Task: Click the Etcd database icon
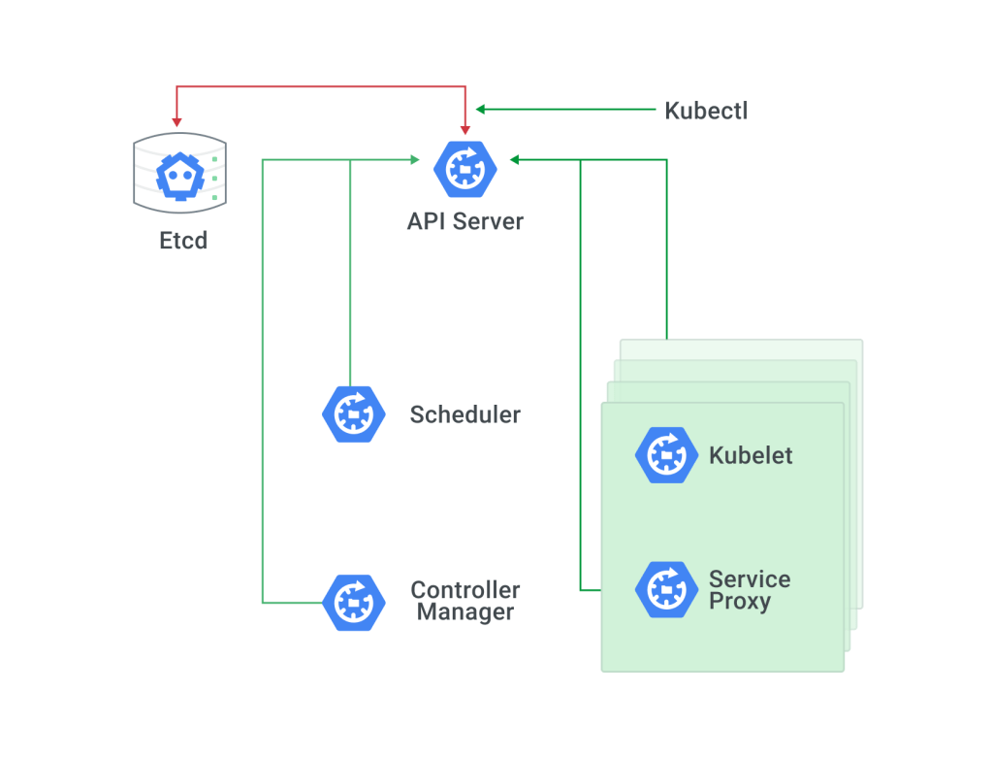pos(179,172)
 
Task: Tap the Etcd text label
pos(183,240)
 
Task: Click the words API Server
pos(465,221)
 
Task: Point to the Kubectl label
pos(706,111)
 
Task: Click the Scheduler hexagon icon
pos(354,414)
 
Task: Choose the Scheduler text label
pos(465,415)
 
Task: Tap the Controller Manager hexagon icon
pos(354,602)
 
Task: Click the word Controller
pos(465,590)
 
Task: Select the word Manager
pos(465,613)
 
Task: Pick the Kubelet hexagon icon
pos(667,454)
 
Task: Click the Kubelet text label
pos(751,455)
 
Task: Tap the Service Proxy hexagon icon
pos(667,589)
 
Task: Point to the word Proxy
pos(740,602)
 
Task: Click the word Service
pos(750,579)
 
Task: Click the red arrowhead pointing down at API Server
pos(465,128)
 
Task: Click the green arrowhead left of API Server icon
pos(414,160)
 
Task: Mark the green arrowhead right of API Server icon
pos(515,160)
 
